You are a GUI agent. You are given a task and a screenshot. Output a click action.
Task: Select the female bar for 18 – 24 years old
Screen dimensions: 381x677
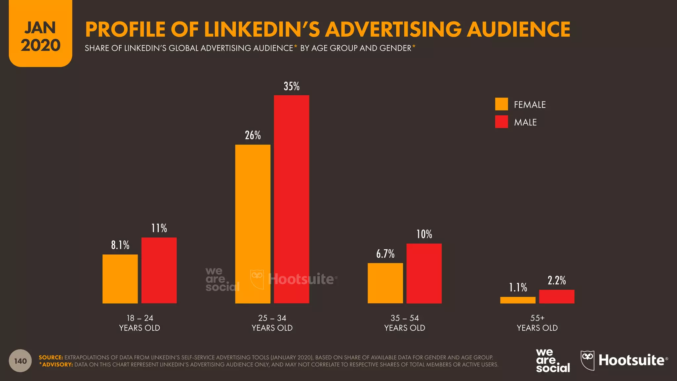pos(120,279)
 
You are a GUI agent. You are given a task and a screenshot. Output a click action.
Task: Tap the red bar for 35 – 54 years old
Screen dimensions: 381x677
pos(424,274)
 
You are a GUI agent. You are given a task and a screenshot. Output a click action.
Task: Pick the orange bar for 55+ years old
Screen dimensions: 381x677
pos(518,300)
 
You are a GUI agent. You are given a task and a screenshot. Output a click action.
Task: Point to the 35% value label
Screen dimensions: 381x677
pos(292,86)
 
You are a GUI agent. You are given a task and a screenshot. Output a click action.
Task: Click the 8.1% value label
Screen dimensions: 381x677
pos(120,245)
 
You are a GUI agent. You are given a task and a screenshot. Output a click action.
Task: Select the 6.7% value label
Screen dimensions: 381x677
pos(385,254)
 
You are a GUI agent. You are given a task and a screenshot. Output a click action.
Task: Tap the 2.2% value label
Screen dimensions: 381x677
pos(557,280)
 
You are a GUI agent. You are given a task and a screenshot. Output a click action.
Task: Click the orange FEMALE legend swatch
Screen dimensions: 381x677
pos(501,104)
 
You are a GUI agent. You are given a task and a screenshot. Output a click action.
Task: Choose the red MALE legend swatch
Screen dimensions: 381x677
pos(501,122)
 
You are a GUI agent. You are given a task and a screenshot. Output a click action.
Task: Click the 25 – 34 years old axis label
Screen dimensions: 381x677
pos(272,323)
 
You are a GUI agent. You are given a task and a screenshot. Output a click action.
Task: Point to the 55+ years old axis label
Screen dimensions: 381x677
pos(537,323)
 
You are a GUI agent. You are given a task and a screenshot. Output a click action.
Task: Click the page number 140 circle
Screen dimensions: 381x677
pos(20,361)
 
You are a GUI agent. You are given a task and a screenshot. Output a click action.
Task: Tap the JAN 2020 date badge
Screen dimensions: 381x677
pos(40,36)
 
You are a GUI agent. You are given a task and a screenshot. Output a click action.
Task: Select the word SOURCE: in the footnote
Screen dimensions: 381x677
pos(51,358)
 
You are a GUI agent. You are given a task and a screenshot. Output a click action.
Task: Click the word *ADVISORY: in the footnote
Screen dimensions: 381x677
pos(56,364)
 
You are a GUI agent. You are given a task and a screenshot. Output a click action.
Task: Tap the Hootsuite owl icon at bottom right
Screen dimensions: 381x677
pos(587,360)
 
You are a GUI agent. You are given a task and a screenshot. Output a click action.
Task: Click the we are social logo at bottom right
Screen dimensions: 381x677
pos(553,361)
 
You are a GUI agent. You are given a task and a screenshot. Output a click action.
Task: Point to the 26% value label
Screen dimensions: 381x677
pos(253,135)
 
